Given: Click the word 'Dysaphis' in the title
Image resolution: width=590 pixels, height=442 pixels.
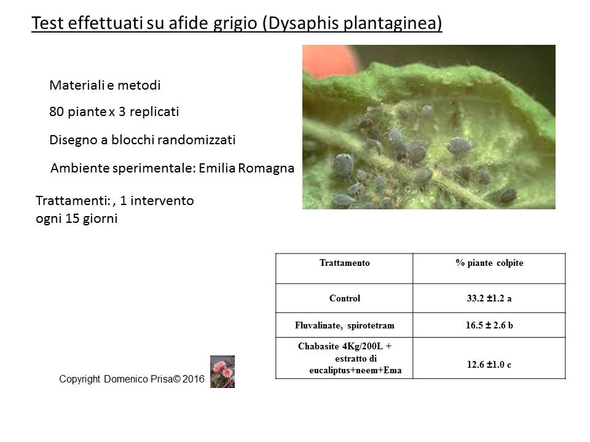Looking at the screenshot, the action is click(x=303, y=23).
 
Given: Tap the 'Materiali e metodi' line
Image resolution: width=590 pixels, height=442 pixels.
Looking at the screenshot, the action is click(x=105, y=85).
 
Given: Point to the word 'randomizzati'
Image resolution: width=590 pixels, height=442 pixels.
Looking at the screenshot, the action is click(x=196, y=140).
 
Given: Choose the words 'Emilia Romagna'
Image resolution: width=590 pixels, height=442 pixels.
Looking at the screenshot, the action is click(x=246, y=168).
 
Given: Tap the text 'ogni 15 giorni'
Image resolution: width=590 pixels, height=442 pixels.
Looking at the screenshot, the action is click(x=77, y=219).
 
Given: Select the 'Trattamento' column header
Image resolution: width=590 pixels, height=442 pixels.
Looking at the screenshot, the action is click(x=345, y=263).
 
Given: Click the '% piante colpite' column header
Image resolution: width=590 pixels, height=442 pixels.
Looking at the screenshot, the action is click(x=489, y=263).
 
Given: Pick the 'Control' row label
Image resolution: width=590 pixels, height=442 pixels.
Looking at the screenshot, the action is click(x=345, y=298).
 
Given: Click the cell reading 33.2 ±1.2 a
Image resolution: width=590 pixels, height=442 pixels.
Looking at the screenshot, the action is click(x=489, y=298).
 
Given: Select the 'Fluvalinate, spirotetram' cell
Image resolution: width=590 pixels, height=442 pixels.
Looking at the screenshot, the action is click(x=345, y=325).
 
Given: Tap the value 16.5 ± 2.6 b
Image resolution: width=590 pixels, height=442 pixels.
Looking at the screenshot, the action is click(x=489, y=325).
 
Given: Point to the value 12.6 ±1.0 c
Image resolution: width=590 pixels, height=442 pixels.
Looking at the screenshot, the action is click(x=489, y=365).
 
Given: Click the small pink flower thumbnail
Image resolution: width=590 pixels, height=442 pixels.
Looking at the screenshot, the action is click(x=222, y=372).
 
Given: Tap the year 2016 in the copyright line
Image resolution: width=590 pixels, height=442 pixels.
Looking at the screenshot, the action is click(x=194, y=379).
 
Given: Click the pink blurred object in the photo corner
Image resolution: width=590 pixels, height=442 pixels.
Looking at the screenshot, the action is click(x=329, y=60).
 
